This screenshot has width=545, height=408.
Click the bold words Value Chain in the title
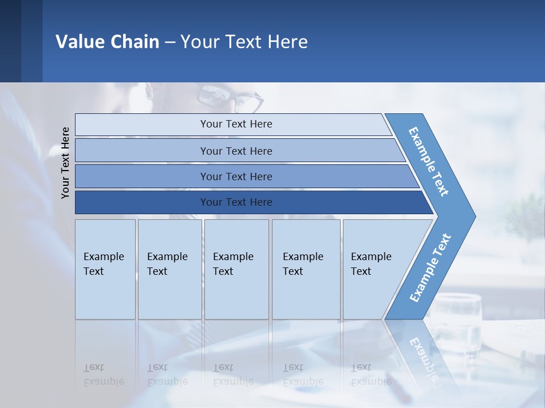click(107, 42)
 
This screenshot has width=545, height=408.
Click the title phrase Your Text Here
click(244, 42)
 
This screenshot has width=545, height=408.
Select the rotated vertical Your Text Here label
click(66, 163)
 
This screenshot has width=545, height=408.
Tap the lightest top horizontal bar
click(236, 124)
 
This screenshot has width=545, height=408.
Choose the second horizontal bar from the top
click(236, 151)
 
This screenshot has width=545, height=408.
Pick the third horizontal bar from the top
click(236, 176)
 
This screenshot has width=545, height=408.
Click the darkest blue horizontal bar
click(236, 202)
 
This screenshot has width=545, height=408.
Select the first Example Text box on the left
click(105, 269)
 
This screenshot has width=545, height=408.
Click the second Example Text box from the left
click(169, 269)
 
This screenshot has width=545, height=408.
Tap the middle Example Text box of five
click(236, 269)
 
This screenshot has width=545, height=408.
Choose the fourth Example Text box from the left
click(305, 269)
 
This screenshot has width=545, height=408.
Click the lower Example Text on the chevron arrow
click(430, 268)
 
